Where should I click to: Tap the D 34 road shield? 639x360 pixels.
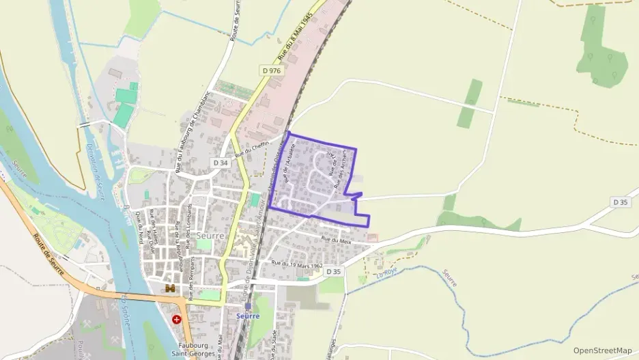point(220,163)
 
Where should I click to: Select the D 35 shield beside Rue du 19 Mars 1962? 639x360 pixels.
point(333,272)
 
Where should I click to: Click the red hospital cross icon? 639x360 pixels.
point(177,319)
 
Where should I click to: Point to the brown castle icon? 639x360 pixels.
point(168,289)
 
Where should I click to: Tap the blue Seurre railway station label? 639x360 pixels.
point(248,317)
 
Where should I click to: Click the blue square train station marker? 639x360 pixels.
point(248,307)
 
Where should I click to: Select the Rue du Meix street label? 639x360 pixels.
point(335,240)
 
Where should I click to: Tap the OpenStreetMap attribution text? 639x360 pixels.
point(602,350)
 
